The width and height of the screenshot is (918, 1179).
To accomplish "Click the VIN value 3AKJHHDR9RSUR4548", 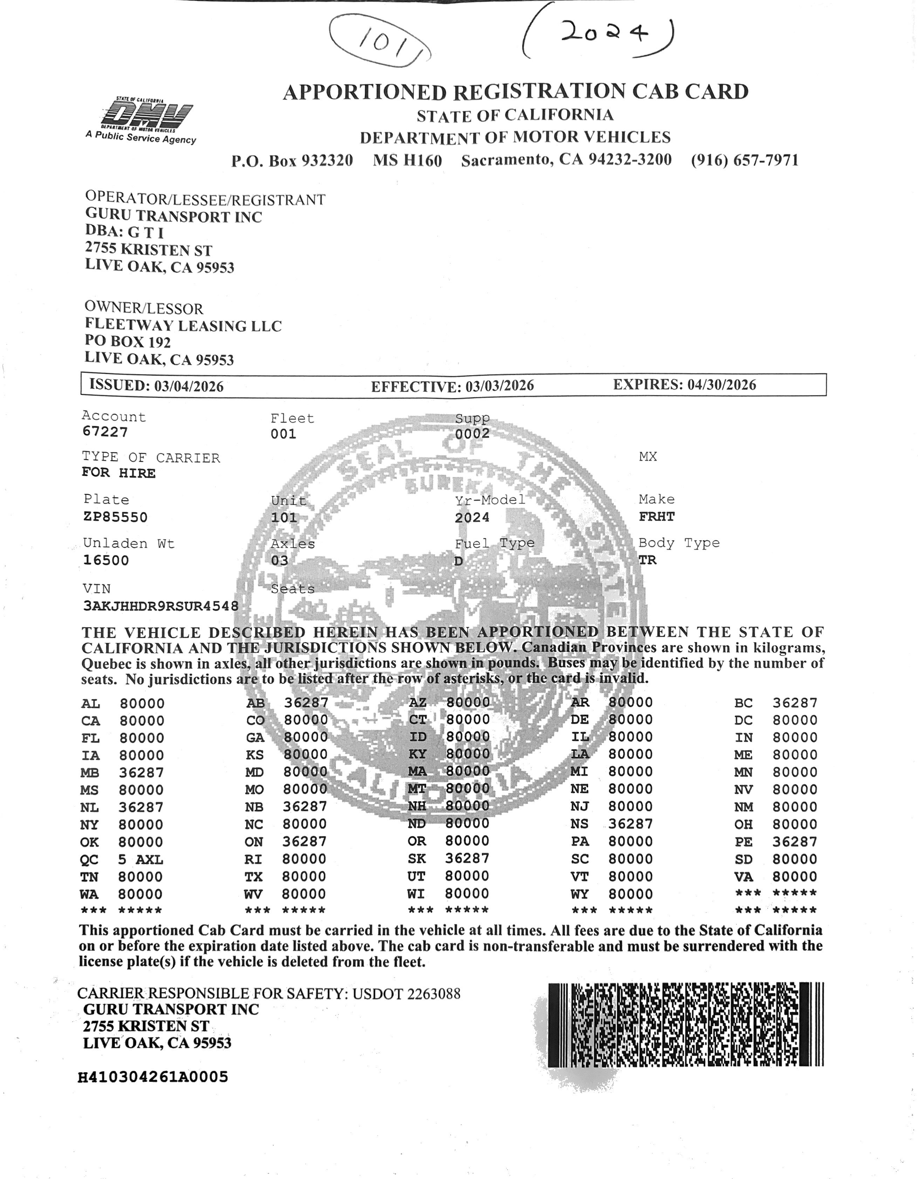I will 160,606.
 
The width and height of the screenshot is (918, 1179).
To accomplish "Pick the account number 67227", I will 105,432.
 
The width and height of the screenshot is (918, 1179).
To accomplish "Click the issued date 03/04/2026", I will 189,386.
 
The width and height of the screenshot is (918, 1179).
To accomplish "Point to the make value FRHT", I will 657,516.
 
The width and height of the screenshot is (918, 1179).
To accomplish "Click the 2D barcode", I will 685,1024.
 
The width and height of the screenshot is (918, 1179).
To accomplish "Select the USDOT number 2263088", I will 434,994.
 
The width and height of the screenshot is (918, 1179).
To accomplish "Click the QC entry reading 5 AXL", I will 141,859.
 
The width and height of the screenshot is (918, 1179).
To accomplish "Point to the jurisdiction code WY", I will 580,894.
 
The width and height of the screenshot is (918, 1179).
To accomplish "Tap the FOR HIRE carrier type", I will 118,473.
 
